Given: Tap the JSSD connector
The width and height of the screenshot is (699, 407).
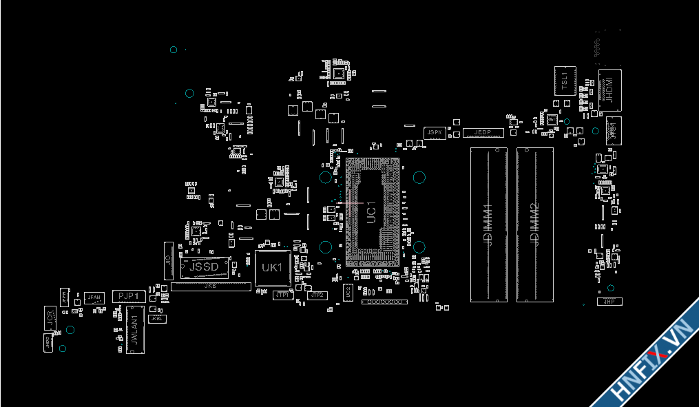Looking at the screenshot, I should pyautogui.click(x=204, y=267).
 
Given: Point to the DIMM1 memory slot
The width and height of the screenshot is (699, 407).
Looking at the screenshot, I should pyautogui.click(x=488, y=225).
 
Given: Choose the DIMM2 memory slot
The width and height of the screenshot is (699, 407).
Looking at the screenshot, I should pyautogui.click(x=535, y=225).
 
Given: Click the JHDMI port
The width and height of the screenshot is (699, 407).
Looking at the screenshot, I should pyautogui.click(x=609, y=90).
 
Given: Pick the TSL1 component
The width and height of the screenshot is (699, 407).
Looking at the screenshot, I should pyautogui.click(x=564, y=81).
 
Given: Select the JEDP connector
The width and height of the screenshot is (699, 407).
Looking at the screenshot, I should pyautogui.click(x=483, y=132).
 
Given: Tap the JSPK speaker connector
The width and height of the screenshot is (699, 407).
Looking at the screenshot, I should pyautogui.click(x=434, y=132).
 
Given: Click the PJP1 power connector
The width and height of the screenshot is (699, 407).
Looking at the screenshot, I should pyautogui.click(x=129, y=296).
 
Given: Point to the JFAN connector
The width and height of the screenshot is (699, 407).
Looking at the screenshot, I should pyautogui.click(x=94, y=298).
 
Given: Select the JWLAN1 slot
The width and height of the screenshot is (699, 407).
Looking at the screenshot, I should pyautogui.click(x=134, y=331).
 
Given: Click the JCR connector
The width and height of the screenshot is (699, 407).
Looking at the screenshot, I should pyautogui.click(x=50, y=317).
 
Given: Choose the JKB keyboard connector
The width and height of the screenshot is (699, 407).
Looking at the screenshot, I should pyautogui.click(x=211, y=286).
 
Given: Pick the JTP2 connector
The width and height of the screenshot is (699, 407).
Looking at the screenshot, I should pyautogui.click(x=317, y=295).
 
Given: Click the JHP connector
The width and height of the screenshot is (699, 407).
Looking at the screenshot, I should pyautogui.click(x=609, y=302).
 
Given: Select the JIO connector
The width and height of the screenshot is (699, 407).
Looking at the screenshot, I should pyautogui.click(x=168, y=260).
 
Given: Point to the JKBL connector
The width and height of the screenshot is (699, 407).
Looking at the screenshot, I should pyautogui.click(x=158, y=319).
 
